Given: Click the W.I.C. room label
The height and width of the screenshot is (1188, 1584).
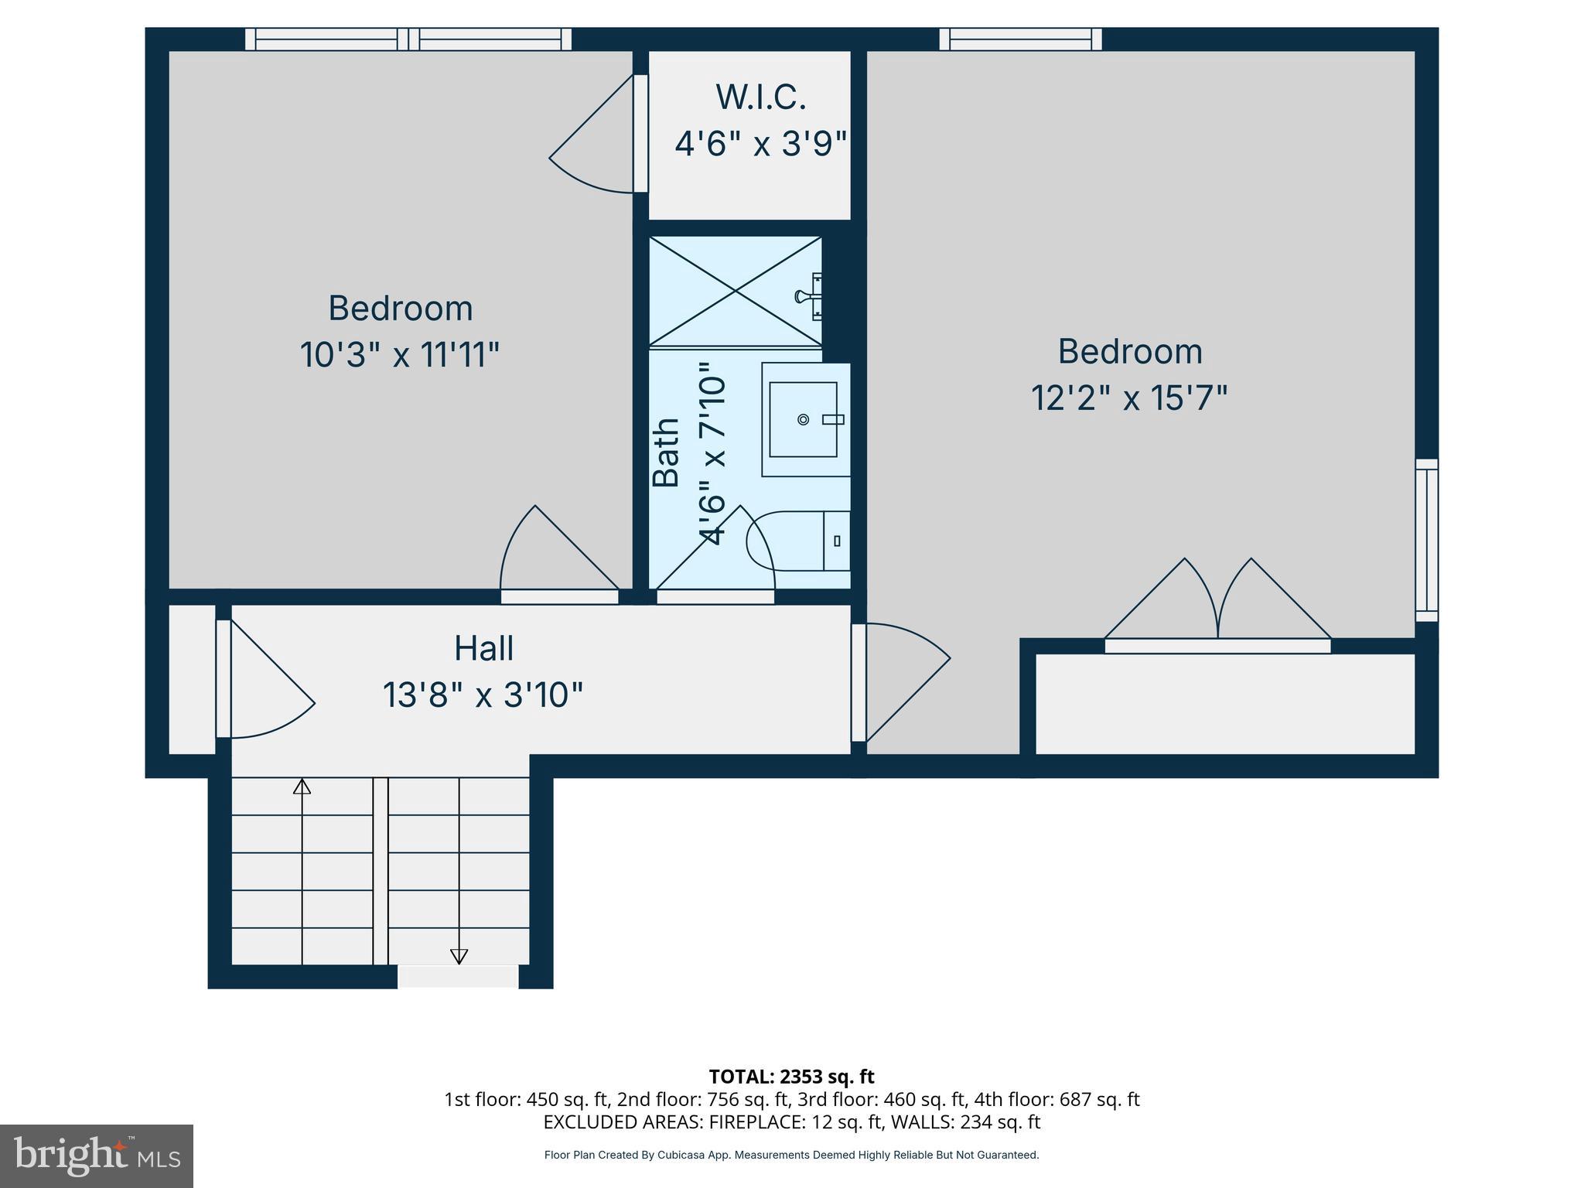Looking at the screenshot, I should pyautogui.click(x=760, y=97).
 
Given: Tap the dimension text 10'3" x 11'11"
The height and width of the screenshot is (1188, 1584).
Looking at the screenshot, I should pyautogui.click(x=399, y=356).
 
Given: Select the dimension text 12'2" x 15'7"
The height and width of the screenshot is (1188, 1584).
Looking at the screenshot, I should pyautogui.click(x=1128, y=399).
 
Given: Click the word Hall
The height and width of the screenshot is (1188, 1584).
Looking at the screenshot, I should pyautogui.click(x=483, y=648).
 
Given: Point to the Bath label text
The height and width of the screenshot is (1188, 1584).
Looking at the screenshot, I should pyautogui.click(x=666, y=452).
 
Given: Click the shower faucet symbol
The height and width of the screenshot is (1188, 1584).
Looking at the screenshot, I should pyautogui.click(x=809, y=295).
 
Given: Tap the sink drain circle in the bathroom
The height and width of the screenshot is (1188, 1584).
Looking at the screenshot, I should pyautogui.click(x=803, y=419).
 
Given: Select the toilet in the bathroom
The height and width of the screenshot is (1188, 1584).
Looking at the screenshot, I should pyautogui.click(x=797, y=541).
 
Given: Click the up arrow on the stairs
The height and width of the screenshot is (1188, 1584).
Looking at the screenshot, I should pyautogui.click(x=302, y=787).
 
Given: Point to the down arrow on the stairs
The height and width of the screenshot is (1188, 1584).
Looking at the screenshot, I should pyautogui.click(x=459, y=956).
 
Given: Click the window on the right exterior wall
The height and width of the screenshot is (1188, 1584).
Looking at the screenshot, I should pyautogui.click(x=1426, y=540).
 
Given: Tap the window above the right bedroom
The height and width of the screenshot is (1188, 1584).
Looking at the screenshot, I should pyautogui.click(x=1020, y=39).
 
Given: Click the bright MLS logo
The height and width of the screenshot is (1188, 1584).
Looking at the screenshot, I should pyautogui.click(x=97, y=1156).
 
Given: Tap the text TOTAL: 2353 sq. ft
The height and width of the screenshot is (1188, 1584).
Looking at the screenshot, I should pyautogui.click(x=791, y=1077).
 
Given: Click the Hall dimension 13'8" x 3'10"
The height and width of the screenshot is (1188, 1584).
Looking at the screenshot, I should pyautogui.click(x=483, y=695).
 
